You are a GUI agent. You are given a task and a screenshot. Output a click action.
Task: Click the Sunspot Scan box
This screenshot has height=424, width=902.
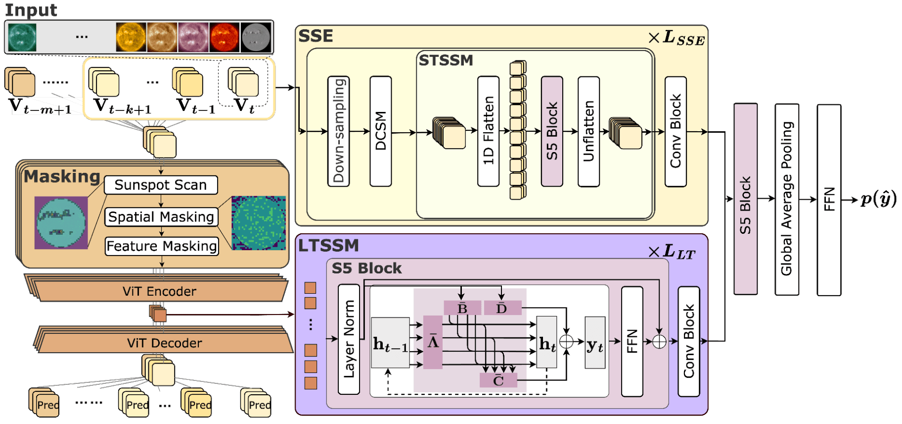(161, 185)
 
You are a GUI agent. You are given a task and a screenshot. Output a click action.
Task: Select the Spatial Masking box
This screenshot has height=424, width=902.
(161, 217)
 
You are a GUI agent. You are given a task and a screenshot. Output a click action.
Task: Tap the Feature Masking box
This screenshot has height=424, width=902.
(162, 246)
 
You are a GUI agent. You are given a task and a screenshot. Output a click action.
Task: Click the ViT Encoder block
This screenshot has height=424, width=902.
(159, 291)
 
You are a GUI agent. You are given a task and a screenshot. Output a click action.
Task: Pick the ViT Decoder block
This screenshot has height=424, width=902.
(164, 343)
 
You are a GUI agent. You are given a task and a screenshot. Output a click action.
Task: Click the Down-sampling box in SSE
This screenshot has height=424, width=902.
(339, 131)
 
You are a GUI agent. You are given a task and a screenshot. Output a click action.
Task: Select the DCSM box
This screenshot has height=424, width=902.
(380, 131)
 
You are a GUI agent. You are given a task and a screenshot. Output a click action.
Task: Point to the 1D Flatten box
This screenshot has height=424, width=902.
(488, 131)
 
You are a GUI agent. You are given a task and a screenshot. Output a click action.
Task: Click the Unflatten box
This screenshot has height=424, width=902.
(588, 131)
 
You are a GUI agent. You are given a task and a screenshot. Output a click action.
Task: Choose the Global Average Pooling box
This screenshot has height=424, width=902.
(787, 199)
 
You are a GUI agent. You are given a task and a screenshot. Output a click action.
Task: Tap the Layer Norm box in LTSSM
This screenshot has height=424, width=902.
(349, 339)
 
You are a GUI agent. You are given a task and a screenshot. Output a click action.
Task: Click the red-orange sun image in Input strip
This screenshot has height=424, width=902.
(224, 37)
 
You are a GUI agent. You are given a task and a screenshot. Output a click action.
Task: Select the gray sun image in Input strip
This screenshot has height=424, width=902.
(255, 37)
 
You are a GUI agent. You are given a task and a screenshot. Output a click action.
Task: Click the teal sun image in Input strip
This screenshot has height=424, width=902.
(22, 37)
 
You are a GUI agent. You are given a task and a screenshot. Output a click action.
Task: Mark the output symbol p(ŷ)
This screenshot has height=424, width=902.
(878, 199)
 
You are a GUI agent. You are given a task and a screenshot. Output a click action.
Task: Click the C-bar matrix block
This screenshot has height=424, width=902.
(498, 380)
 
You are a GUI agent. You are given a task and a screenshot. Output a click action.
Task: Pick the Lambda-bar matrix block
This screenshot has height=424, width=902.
(433, 342)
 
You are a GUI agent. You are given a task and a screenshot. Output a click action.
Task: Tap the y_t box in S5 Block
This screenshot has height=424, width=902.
(595, 343)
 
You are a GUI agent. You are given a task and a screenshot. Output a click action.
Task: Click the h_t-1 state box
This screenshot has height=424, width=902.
(390, 343)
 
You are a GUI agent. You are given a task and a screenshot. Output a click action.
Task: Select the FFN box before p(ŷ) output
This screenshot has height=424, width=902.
(829, 199)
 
